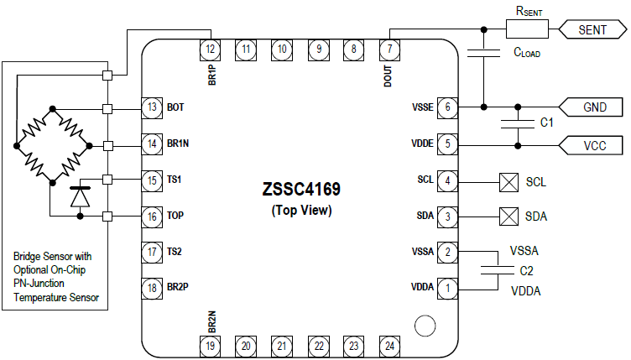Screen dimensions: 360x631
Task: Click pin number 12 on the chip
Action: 211,49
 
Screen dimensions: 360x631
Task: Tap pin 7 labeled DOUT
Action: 390,49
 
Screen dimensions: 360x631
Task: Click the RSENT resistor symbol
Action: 527,30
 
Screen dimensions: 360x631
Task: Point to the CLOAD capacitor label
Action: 527,52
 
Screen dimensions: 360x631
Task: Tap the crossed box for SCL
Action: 507,180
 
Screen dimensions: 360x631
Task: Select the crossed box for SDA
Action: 507,217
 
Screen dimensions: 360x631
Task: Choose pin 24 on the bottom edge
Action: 390,345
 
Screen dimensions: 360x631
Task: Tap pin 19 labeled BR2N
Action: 211,345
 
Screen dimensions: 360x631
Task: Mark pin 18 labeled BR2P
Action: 151,288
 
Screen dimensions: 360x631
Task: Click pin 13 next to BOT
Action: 151,107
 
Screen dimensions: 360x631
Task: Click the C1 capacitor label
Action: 546,123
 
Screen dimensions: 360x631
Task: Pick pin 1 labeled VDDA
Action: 450,288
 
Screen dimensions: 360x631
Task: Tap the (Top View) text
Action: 301,211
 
